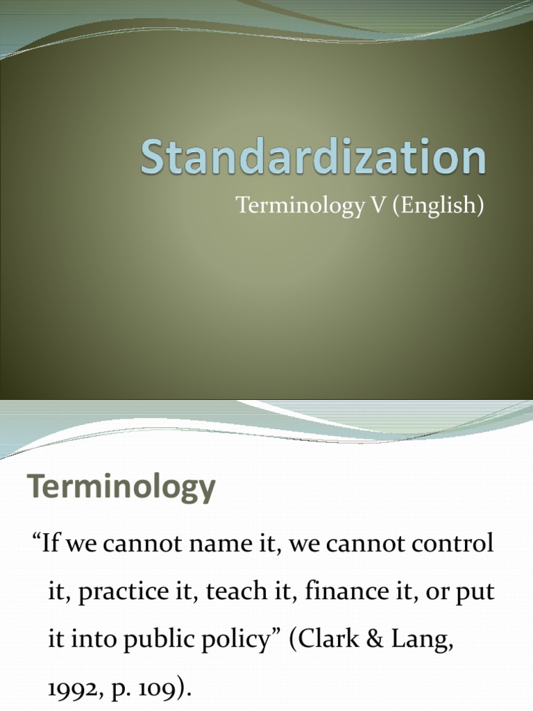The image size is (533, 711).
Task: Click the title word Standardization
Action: click(x=314, y=158)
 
